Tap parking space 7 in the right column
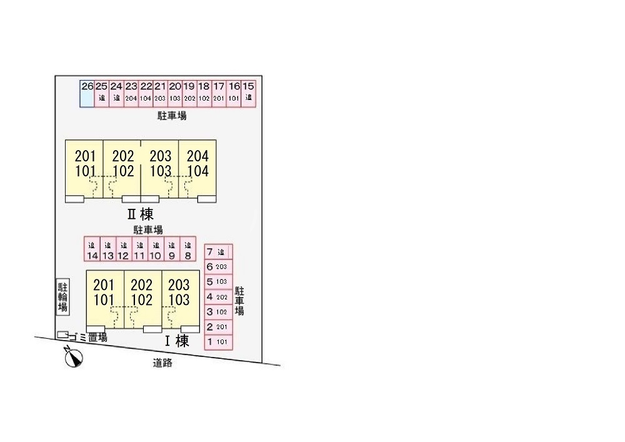(218, 252)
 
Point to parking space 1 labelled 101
(218, 342)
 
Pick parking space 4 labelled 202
(218, 297)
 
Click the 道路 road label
(162, 363)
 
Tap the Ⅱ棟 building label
(141, 214)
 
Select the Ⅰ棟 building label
(176, 341)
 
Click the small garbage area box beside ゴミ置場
(62, 335)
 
